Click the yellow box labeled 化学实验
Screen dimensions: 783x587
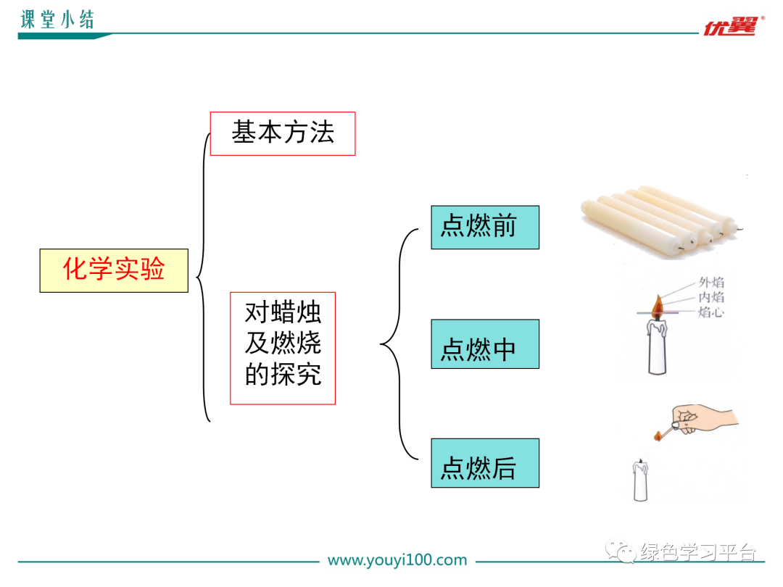pos(114,270)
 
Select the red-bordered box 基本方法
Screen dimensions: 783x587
pos(283,133)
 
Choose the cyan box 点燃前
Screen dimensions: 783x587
pos(484,227)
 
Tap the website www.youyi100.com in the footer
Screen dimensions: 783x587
pos(397,560)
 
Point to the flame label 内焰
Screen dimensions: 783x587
pos(711,298)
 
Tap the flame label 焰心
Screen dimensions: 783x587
pos(711,312)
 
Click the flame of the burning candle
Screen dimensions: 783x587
pos(657,308)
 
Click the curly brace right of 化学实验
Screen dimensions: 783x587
pos(201,275)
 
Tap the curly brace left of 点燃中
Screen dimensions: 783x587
pos(395,344)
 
